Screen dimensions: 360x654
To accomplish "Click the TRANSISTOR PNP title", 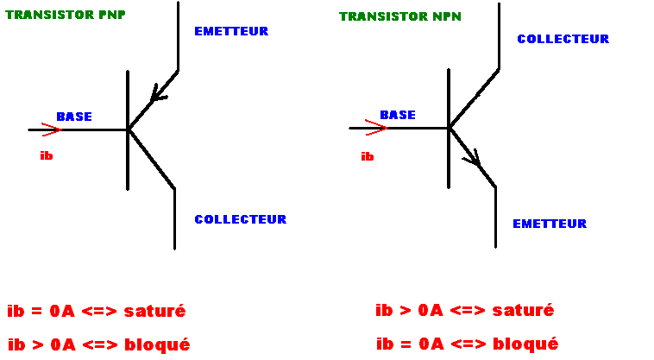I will pyautogui.click(x=66, y=15).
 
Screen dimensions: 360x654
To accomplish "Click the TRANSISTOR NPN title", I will pyautogui.click(x=400, y=16).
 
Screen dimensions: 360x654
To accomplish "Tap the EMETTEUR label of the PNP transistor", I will pyautogui.click(x=231, y=31).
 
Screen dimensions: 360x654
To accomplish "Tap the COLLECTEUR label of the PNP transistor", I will pyautogui.click(x=240, y=219).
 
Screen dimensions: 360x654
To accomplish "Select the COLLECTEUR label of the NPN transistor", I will pyautogui.click(x=563, y=39).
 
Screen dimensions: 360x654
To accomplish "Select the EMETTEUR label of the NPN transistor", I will pyautogui.click(x=550, y=224).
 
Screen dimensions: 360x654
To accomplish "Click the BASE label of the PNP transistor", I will pyautogui.click(x=74, y=117).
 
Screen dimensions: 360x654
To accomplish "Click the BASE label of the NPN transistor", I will pyautogui.click(x=398, y=115).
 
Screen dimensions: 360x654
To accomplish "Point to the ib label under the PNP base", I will pyautogui.click(x=47, y=155).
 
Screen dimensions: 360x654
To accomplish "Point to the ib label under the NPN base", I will pyautogui.click(x=368, y=156).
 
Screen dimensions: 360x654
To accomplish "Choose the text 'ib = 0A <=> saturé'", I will pyautogui.click(x=97, y=311).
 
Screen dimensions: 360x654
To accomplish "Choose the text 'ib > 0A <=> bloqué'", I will pyautogui.click(x=98, y=344).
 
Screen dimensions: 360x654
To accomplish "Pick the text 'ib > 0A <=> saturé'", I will pyautogui.click(x=464, y=310).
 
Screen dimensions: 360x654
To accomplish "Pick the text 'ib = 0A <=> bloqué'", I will pyautogui.click(x=467, y=344).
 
